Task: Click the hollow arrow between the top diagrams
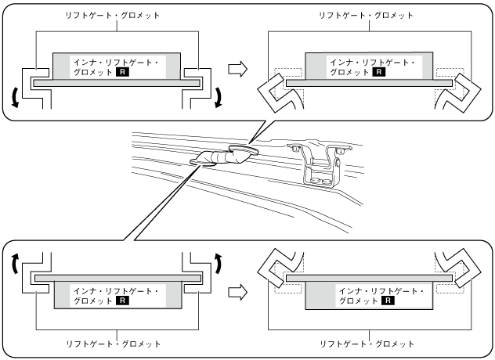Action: point(236,70)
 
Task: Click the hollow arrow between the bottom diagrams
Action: point(236,293)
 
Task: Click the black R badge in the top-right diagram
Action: point(378,71)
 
